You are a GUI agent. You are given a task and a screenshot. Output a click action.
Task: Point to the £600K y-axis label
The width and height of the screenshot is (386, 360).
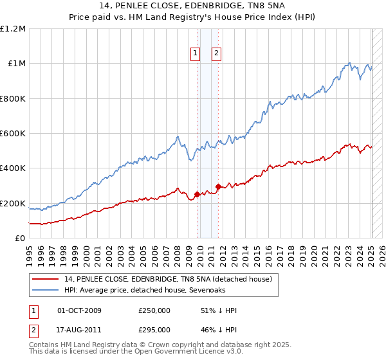click(x=12, y=134)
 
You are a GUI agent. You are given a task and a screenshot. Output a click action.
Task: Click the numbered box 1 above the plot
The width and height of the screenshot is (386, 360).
click(x=195, y=53)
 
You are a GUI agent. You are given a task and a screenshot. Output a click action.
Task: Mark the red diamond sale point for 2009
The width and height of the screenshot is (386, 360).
click(x=197, y=194)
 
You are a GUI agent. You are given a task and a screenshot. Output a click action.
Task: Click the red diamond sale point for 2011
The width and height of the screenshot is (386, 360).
click(x=218, y=186)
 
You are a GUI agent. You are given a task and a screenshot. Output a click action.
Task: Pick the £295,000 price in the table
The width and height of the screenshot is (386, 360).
click(x=154, y=329)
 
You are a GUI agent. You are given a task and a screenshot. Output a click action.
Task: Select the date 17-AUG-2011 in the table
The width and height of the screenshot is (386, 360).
click(x=79, y=329)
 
